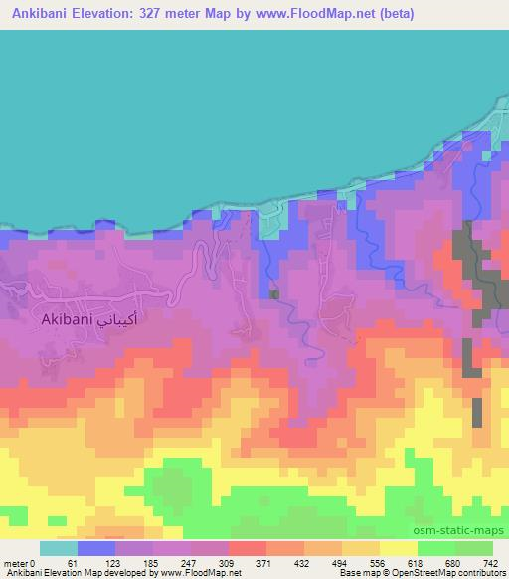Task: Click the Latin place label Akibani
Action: pyautogui.click(x=68, y=321)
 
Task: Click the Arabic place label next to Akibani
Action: pyautogui.click(x=121, y=320)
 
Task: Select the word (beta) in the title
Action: pyautogui.click(x=390, y=14)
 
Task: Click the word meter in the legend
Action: pyautogui.click(x=15, y=562)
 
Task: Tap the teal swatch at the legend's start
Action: pyautogui.click(x=59, y=548)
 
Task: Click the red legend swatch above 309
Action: pyautogui.click(x=249, y=548)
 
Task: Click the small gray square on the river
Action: pyautogui.click(x=274, y=293)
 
